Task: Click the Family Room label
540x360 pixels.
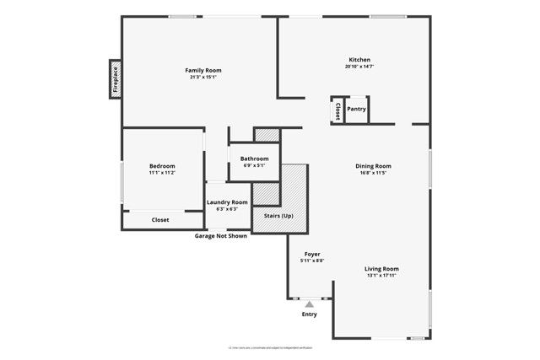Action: [203, 70]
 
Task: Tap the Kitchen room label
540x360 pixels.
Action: [360, 60]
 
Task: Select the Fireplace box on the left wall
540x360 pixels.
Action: [115, 81]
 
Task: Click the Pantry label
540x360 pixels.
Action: [356, 109]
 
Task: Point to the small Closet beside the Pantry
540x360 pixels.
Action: [337, 110]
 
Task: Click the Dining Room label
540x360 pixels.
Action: [373, 166]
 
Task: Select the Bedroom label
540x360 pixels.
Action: [162, 166]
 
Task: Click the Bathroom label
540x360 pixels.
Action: [254, 159]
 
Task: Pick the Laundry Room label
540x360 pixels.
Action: [228, 202]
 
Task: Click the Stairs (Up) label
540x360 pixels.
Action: [278, 217]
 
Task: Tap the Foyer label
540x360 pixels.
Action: [312, 254]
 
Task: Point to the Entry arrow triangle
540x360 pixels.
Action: [310, 304]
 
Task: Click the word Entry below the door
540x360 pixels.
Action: [310, 314]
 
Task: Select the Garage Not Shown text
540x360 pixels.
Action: [221, 236]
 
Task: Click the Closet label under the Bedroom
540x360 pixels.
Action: [160, 220]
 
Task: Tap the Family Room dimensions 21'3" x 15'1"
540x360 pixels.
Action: [203, 77]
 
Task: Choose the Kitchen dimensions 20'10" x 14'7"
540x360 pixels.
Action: [360, 67]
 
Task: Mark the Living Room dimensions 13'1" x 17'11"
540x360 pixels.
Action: [381, 275]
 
